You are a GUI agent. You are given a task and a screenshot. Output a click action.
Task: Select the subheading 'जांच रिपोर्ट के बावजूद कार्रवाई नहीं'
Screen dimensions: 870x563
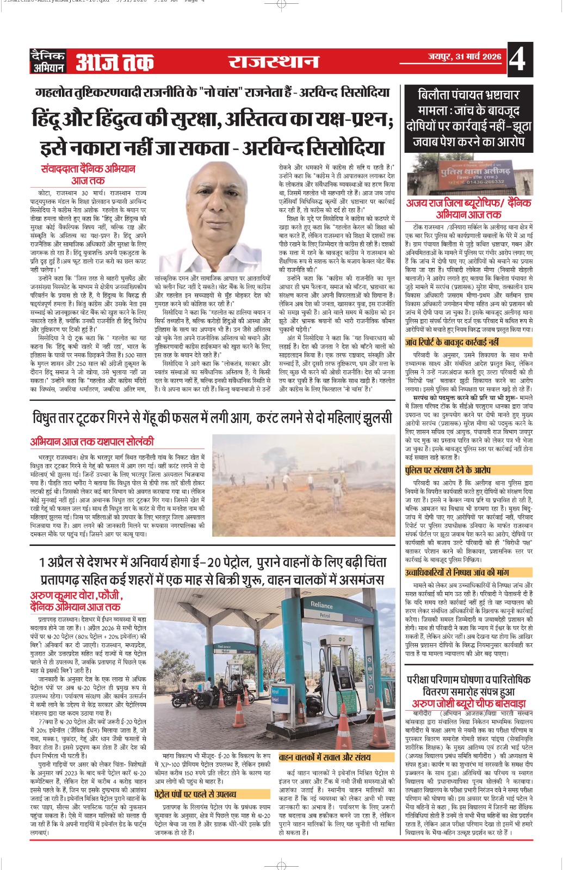click(x=451, y=343)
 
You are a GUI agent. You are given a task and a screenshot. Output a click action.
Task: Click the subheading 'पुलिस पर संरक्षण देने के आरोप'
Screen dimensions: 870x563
click(x=440, y=470)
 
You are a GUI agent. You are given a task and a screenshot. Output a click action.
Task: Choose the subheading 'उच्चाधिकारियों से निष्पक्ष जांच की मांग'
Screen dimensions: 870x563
click(x=457, y=572)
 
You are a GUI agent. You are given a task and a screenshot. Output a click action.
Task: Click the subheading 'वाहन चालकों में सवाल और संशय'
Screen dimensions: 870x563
click(x=325, y=757)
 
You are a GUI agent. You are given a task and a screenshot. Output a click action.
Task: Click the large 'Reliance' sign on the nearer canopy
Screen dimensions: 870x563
click(x=321, y=605)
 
